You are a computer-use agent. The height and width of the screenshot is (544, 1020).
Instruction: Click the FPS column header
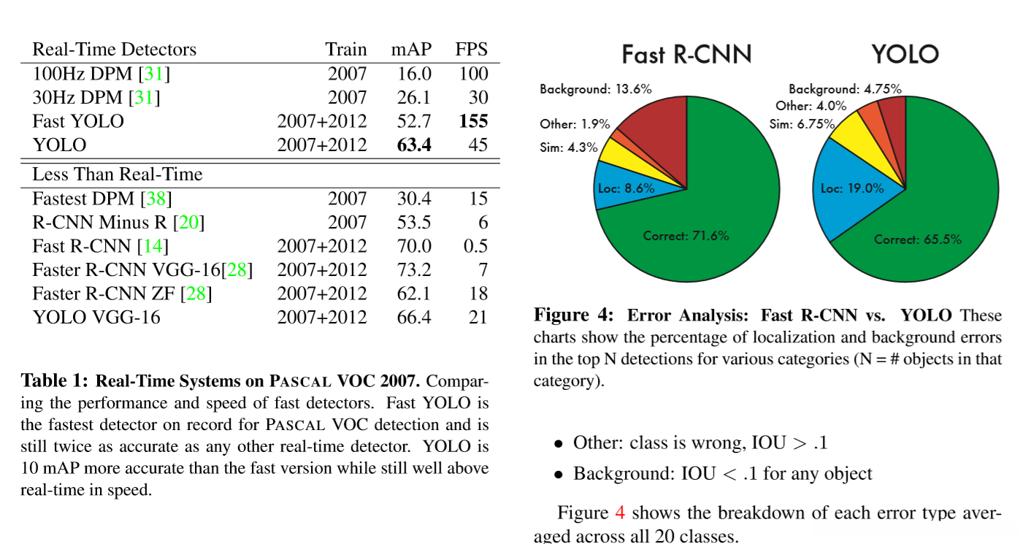tap(471, 50)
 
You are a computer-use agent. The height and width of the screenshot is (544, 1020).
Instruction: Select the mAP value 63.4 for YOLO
tap(414, 145)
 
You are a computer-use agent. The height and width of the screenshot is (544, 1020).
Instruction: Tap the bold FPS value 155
tap(472, 121)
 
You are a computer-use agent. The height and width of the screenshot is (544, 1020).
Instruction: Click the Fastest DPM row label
tap(83, 199)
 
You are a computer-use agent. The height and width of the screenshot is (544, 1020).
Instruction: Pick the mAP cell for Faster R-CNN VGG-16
tap(414, 270)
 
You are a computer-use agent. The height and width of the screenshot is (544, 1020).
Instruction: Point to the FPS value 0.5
tap(475, 246)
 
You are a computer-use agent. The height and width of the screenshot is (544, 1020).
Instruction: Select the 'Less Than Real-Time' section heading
tap(117, 175)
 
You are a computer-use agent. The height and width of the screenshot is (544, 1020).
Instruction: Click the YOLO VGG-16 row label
tap(96, 318)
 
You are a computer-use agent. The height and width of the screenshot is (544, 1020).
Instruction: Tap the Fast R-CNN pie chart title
tap(686, 55)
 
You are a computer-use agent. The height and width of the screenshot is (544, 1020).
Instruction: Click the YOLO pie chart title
tap(905, 55)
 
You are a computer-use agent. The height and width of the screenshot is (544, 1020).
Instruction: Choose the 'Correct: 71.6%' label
tap(686, 236)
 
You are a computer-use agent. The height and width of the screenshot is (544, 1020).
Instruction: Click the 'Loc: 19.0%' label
tap(852, 188)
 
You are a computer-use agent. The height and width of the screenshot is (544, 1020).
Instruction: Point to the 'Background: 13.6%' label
tap(596, 89)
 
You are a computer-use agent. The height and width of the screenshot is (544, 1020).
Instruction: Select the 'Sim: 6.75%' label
tap(802, 124)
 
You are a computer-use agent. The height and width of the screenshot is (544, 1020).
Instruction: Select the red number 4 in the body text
tap(620, 513)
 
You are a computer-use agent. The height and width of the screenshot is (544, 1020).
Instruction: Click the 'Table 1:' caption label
tap(55, 380)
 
